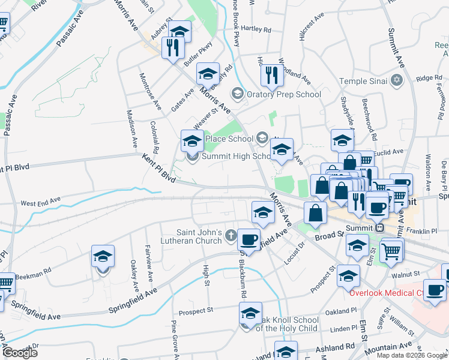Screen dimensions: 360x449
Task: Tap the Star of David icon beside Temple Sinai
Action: point(397,80)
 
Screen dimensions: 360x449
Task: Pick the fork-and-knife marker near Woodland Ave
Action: point(273,76)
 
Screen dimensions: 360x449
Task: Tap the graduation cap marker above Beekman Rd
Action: point(103,257)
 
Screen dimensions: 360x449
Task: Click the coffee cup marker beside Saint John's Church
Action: point(249,240)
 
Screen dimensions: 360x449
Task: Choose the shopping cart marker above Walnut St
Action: point(391,251)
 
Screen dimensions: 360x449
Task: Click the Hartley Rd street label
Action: point(256,29)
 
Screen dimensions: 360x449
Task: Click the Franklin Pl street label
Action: point(423,231)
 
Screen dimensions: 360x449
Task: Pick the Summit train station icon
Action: point(379,228)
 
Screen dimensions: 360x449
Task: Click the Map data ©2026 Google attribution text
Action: point(412,355)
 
